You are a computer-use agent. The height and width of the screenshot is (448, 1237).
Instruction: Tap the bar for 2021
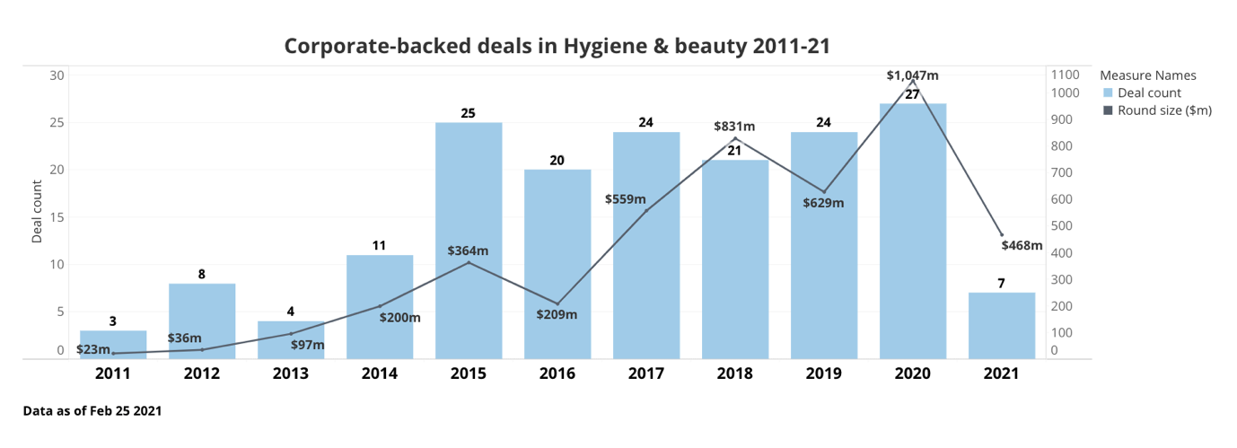coord(1001,326)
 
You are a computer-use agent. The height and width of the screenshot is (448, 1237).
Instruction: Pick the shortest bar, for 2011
coord(113,344)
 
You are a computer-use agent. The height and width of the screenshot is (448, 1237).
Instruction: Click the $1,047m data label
coord(912,75)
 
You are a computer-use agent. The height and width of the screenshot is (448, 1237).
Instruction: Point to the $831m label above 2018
coord(734,127)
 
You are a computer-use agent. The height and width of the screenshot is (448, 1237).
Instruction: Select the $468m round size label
coord(1022,245)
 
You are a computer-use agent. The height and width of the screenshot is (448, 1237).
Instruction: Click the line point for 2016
coord(557,303)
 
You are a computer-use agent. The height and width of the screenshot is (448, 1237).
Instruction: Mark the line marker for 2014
coord(380,306)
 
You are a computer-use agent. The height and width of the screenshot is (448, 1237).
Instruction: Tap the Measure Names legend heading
coord(1147,75)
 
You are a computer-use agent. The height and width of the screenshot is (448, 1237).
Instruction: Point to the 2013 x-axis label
coord(291,373)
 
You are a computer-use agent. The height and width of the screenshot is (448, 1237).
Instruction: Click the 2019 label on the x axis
coord(823,373)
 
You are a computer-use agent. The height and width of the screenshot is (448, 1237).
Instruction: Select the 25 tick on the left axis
coord(57,122)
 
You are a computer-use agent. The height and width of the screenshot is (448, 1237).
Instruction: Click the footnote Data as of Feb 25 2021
coord(92,411)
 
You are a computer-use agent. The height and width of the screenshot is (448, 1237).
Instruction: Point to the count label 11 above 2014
coord(380,245)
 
